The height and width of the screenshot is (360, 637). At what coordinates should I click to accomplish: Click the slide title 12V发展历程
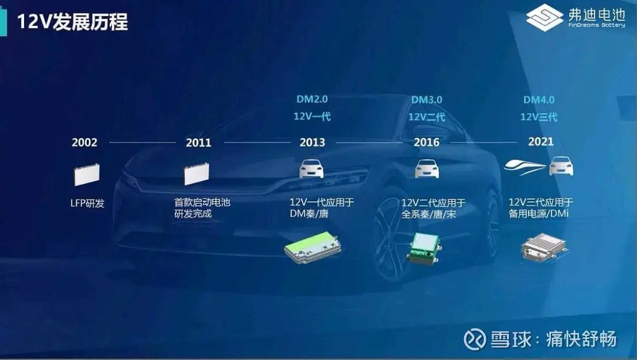(73, 21)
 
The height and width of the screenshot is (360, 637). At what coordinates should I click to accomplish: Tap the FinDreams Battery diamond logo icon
(544, 18)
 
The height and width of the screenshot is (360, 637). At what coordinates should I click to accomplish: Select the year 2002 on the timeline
(84, 143)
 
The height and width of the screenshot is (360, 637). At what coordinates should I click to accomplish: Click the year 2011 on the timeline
(199, 143)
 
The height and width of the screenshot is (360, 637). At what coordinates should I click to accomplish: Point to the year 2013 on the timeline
(313, 143)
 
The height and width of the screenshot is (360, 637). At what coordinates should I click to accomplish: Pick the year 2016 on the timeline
(426, 142)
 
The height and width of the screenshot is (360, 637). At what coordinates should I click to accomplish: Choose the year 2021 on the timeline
(541, 142)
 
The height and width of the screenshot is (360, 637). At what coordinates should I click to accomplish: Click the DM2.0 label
(312, 99)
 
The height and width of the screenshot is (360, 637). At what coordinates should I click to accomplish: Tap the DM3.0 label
(426, 100)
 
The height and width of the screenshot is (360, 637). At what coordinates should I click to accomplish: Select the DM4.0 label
(539, 100)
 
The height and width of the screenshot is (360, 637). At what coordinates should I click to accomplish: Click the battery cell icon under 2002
(87, 175)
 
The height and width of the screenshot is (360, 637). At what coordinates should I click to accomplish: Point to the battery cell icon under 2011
(196, 174)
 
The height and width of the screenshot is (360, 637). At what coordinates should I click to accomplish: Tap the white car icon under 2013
(311, 169)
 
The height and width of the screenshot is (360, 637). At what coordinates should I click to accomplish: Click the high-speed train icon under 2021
(525, 166)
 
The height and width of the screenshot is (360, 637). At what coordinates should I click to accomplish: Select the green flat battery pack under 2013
(313, 247)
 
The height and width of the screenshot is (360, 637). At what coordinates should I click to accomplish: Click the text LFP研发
(87, 203)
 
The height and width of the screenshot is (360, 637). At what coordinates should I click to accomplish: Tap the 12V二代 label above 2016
(426, 117)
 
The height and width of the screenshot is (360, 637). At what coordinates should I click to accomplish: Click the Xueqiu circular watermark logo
(474, 339)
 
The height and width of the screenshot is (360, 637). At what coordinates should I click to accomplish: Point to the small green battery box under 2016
(424, 248)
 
